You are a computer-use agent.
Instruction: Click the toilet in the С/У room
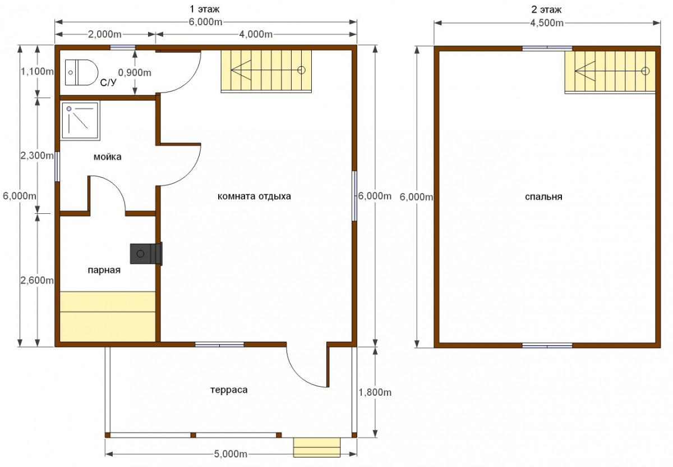pyautogui.click(x=82, y=72)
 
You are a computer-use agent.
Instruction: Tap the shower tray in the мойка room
pyautogui.click(x=80, y=121)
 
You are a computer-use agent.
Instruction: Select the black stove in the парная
pyautogui.click(x=146, y=254)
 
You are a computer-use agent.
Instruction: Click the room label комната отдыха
pyautogui.click(x=254, y=196)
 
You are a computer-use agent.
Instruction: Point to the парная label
pyautogui.click(x=104, y=270)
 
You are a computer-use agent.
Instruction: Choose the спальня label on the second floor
pyautogui.click(x=543, y=196)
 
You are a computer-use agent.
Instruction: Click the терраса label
pyautogui.click(x=229, y=390)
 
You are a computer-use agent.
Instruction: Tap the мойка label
pyautogui.click(x=108, y=157)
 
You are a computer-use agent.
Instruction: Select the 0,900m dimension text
pyautogui.click(x=135, y=72)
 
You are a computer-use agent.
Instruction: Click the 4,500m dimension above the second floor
pyautogui.click(x=547, y=23)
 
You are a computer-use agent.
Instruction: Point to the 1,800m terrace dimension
pyautogui.click(x=375, y=392)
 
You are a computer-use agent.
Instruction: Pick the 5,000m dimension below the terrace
pyautogui.click(x=231, y=454)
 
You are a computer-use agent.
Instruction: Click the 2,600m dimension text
pyautogui.click(x=37, y=280)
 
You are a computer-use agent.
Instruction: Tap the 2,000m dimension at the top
pyautogui.click(x=104, y=34)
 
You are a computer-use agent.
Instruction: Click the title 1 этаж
pyautogui.click(x=205, y=10)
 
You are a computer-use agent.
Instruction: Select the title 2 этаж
pyautogui.click(x=546, y=10)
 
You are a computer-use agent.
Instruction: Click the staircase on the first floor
pyautogui.click(x=266, y=71)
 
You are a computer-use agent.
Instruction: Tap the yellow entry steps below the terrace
pyautogui.click(x=317, y=447)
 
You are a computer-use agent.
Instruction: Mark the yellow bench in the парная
pyautogui.click(x=108, y=317)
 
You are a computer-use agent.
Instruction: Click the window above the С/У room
pyautogui.click(x=122, y=47)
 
